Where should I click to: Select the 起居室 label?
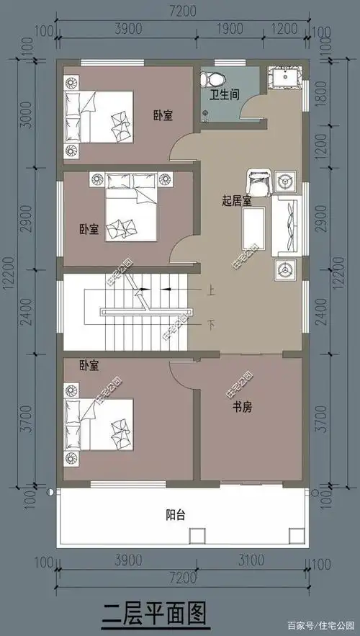coord(236,201)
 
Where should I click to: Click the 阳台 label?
coord(176,515)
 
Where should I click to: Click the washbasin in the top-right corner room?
coord(281,78)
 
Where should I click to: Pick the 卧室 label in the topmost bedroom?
coord(161,115)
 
